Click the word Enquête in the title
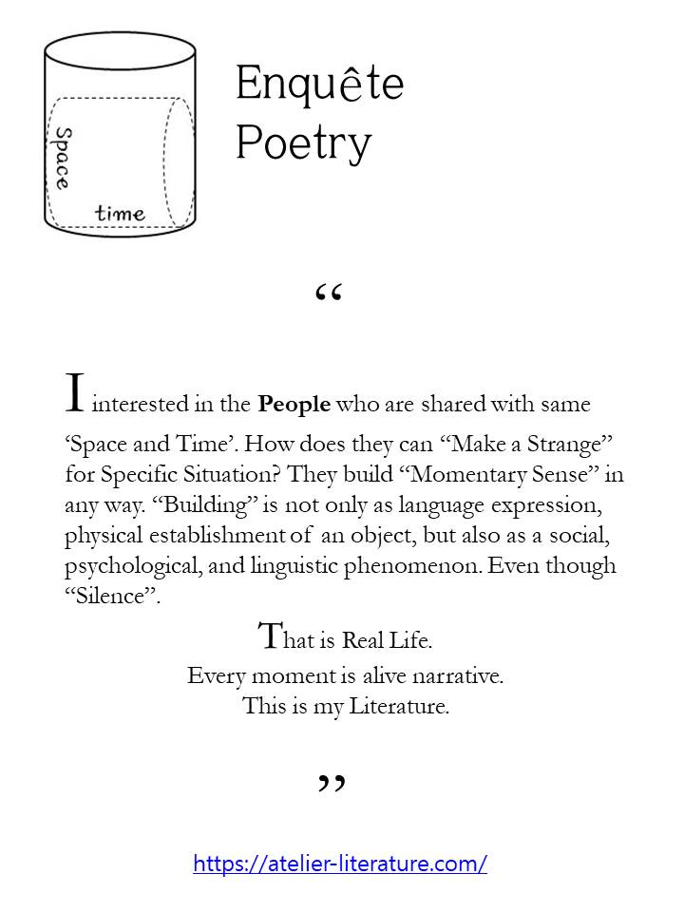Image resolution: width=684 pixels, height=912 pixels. [x=319, y=85]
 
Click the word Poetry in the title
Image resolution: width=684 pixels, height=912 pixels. [x=303, y=143]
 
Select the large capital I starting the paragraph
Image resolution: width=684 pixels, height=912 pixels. [x=76, y=393]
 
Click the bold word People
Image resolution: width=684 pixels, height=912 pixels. [x=294, y=404]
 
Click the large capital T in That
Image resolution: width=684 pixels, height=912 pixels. [x=269, y=636]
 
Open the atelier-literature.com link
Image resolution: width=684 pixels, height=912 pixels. [x=340, y=864]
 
